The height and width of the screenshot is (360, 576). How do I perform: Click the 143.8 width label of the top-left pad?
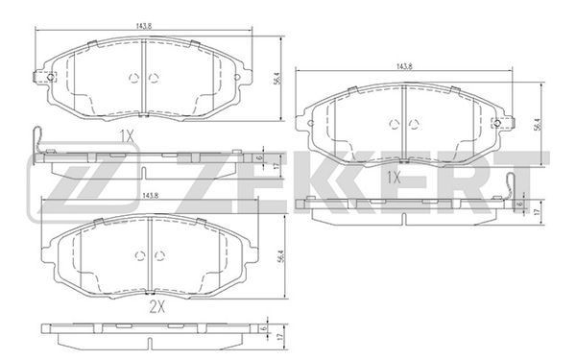pyautogui.click(x=144, y=27)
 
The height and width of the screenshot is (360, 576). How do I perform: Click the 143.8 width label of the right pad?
pyautogui.click(x=404, y=66)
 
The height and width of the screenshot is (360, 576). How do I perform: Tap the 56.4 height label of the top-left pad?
pyautogui.click(x=276, y=79)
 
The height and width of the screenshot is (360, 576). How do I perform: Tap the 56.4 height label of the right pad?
pyautogui.click(x=538, y=124)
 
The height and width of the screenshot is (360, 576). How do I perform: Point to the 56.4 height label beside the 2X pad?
pyautogui.click(x=281, y=256)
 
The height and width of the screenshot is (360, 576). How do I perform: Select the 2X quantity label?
pyautogui.click(x=156, y=308)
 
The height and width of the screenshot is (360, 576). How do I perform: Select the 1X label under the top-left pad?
pyautogui.click(x=127, y=136)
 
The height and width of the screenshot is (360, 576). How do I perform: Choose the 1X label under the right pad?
pyautogui.click(x=394, y=179)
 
